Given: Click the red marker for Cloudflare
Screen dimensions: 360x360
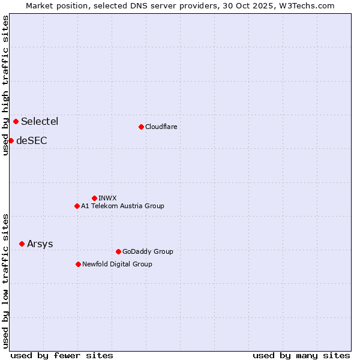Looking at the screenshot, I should pyautogui.click(x=141, y=127).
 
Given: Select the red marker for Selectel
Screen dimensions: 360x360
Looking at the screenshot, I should pyautogui.click(x=16, y=121).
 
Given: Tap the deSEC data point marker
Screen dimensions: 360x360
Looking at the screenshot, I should pyautogui.click(x=11, y=140).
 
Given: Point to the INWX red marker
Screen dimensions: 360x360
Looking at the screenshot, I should pyautogui.click(x=94, y=198).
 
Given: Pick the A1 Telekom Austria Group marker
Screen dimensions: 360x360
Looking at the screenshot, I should pyautogui.click(x=77, y=206).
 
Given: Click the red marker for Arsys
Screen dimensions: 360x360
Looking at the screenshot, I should pyautogui.click(x=22, y=244).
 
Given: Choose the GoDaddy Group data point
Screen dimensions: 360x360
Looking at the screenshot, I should pyautogui.click(x=118, y=251).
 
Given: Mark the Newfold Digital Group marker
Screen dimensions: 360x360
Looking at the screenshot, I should pyautogui.click(x=78, y=264).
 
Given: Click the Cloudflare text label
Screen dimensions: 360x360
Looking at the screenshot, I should pyautogui.click(x=161, y=127).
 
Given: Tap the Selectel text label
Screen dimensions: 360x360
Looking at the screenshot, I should pyautogui.click(x=40, y=121).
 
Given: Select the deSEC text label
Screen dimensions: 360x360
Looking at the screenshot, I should pyautogui.click(x=32, y=140).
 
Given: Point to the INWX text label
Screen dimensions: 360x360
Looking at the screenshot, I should pyautogui.click(x=107, y=198).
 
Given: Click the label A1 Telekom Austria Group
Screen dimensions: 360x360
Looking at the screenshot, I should pyautogui.click(x=122, y=206).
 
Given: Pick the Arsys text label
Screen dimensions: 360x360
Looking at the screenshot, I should pyautogui.click(x=40, y=244).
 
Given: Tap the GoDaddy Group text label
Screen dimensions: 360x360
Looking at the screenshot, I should pyautogui.click(x=148, y=251).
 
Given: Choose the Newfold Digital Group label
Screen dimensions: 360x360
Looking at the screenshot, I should pyautogui.click(x=117, y=264).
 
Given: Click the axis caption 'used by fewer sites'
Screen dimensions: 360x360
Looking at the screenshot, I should pyautogui.click(x=62, y=355).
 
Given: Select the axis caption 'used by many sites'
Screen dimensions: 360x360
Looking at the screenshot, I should pyautogui.click(x=301, y=355).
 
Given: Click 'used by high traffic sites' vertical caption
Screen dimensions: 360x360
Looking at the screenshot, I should pyautogui.click(x=5, y=86).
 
